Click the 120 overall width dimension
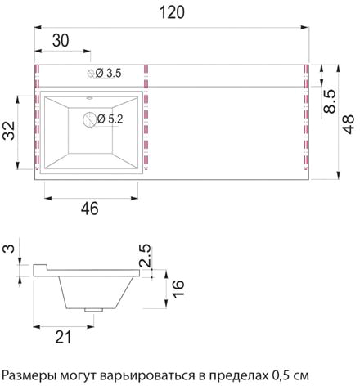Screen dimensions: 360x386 tap(172, 12)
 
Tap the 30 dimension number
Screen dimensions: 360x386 tap(61, 41)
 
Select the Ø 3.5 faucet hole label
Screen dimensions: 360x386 tap(108, 73)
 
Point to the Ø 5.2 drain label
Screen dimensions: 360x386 tap(110, 119)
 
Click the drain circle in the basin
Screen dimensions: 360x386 tap(89, 119)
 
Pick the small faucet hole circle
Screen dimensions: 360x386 tap(91, 73)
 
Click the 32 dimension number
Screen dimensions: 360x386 tap(9, 131)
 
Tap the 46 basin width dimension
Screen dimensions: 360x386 tap(90, 209)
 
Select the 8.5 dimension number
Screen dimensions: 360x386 tap(330, 101)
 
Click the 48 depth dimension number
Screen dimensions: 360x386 tap(349, 124)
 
